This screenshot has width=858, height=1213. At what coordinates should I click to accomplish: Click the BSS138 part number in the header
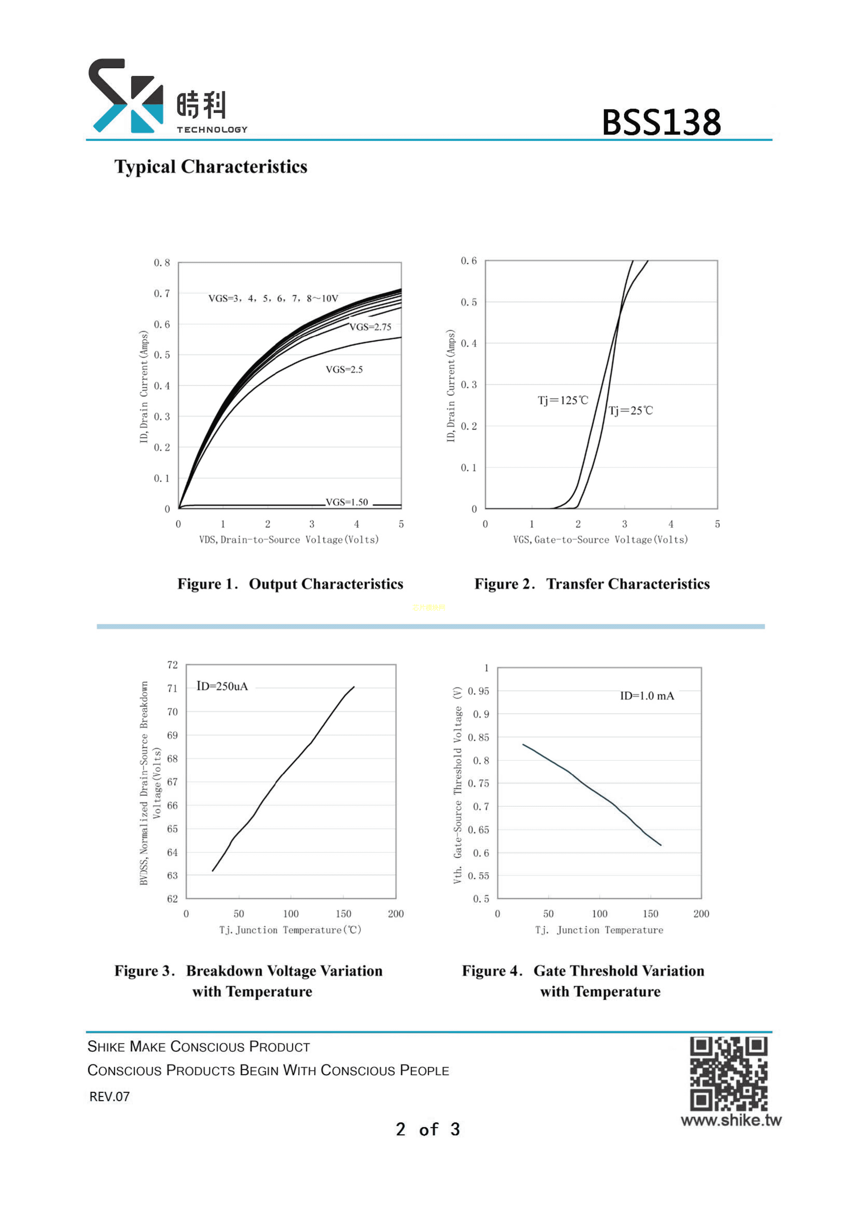tap(661, 123)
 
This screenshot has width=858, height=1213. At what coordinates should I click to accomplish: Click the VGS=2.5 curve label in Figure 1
tap(344, 370)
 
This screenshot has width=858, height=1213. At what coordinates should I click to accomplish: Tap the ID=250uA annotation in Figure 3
tap(222, 686)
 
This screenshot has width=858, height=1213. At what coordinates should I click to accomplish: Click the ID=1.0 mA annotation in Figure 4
tap(647, 696)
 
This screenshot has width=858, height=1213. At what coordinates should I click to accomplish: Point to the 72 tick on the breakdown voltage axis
tap(172, 665)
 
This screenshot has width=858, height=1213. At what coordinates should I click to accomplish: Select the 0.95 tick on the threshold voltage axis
tap(478, 691)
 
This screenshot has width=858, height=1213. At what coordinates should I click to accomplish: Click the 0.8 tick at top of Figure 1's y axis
tap(162, 263)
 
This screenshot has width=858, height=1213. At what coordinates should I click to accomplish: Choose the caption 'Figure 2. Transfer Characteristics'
tap(592, 584)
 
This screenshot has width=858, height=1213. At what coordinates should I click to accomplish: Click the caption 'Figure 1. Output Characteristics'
tap(290, 584)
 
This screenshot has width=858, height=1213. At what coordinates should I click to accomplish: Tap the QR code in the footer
tap(728, 1074)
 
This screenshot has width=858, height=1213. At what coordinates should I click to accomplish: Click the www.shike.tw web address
tap(731, 1120)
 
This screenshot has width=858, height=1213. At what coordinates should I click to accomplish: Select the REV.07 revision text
tap(109, 1097)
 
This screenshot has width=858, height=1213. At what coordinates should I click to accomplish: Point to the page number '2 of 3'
tap(428, 1130)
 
